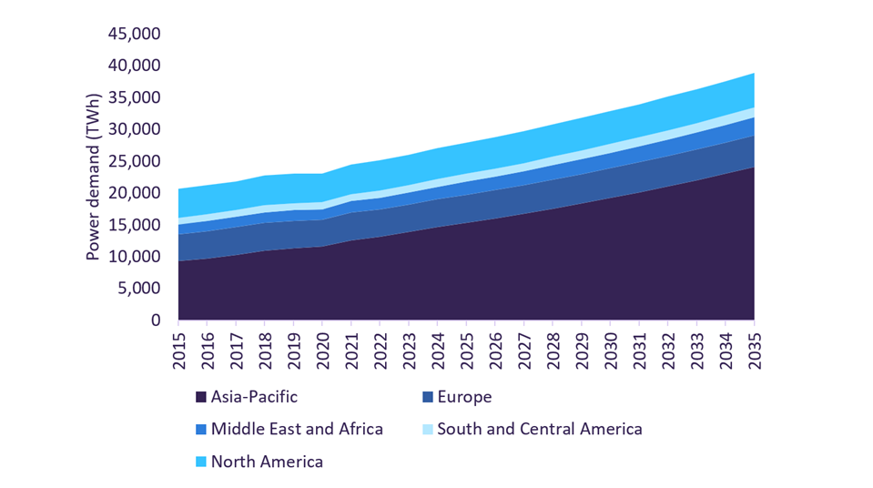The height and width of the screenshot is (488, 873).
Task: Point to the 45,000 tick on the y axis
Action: (x=134, y=34)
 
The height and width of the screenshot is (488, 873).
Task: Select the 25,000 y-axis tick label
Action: (x=134, y=161)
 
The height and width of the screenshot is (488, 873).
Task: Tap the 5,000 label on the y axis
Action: (x=139, y=289)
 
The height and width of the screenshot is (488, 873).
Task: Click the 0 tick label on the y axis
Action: (x=156, y=320)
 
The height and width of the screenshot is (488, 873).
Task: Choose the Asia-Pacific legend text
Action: (x=254, y=397)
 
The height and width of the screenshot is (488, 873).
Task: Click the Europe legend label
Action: (x=464, y=397)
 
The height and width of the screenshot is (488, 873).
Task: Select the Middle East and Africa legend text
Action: (x=297, y=429)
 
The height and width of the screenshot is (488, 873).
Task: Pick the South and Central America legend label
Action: (x=540, y=429)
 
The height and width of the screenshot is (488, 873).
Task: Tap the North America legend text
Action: (x=267, y=462)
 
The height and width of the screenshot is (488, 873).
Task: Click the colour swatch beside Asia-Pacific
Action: (x=201, y=397)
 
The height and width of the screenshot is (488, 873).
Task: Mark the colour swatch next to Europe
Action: (x=427, y=397)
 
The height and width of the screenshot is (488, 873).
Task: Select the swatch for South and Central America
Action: (x=427, y=429)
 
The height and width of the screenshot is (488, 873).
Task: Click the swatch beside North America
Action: (x=201, y=462)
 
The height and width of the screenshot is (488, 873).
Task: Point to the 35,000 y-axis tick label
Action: (x=134, y=97)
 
